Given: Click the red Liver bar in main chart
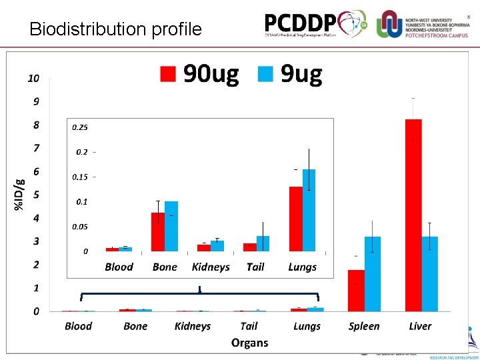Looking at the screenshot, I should [413, 215].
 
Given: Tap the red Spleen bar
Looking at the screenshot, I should [356, 290].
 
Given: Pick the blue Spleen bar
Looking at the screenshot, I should [373, 273].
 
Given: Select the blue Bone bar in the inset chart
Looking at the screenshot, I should [171, 226].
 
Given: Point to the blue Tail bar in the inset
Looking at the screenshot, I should [263, 243].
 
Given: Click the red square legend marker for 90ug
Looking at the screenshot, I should [167, 74].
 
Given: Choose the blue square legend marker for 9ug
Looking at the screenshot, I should [265, 74].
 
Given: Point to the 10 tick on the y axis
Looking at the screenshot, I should [33, 78].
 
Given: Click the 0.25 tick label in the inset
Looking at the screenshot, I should [79, 127].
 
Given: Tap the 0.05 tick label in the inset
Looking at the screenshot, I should [79, 227].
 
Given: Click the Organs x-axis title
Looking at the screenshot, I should [249, 343].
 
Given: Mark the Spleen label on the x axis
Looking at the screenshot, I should [364, 326].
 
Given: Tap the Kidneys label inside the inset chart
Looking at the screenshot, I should [211, 267].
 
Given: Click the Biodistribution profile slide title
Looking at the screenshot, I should [115, 29].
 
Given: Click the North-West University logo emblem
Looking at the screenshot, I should [389, 24].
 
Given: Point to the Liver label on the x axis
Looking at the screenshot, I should [420, 326].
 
